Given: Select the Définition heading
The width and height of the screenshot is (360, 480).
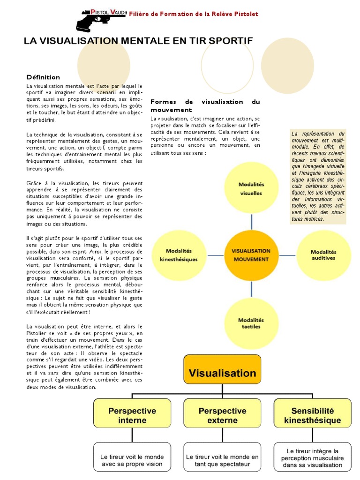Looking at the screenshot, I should click(43, 77).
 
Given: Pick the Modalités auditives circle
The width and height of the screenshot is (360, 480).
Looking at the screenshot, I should click(323, 255).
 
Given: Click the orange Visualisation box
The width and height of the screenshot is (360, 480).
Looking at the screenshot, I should click(222, 373).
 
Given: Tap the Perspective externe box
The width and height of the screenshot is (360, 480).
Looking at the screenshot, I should click(222, 415).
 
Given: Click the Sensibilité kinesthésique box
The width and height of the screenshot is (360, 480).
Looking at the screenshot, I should click(312, 415).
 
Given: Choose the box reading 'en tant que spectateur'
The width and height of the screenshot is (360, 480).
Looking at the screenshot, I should click(222, 460).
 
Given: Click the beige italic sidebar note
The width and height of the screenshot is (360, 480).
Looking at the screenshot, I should click(318, 176).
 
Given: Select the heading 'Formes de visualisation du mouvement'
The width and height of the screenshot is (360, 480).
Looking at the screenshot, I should click(205, 105).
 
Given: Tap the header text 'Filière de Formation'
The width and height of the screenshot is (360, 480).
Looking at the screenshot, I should click(194, 14).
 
